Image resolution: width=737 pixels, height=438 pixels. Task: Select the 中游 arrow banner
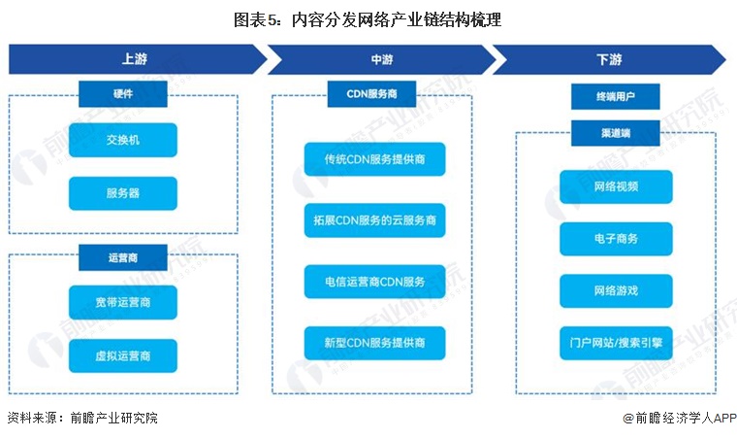click(382, 59)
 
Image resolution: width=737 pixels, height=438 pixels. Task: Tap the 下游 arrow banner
click(609, 59)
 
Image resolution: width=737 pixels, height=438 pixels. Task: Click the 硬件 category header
click(123, 94)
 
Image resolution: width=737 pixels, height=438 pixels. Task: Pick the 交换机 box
click(123, 140)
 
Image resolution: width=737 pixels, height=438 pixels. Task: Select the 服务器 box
click(123, 193)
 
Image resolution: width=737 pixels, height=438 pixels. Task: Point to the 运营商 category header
click(123, 257)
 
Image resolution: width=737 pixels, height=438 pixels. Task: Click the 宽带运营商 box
click(123, 302)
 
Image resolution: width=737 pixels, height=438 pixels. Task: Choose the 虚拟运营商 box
click(123, 355)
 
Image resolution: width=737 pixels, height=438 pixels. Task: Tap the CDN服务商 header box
click(371, 94)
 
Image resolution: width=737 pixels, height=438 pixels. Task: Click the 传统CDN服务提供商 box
click(374, 159)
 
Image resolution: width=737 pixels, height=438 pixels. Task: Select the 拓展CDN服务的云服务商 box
click(374, 220)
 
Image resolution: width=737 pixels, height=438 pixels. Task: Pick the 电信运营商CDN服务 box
click(374, 282)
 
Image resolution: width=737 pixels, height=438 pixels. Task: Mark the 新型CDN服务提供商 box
click(374, 343)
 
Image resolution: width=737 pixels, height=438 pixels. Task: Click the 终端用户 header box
click(615, 96)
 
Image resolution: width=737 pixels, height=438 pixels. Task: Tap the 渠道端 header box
click(615, 133)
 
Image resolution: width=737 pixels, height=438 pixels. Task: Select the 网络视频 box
click(616, 187)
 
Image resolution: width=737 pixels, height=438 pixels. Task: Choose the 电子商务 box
click(616, 239)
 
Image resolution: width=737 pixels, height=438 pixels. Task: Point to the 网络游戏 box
click(616, 291)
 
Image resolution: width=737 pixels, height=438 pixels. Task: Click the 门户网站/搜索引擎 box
click(616, 343)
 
